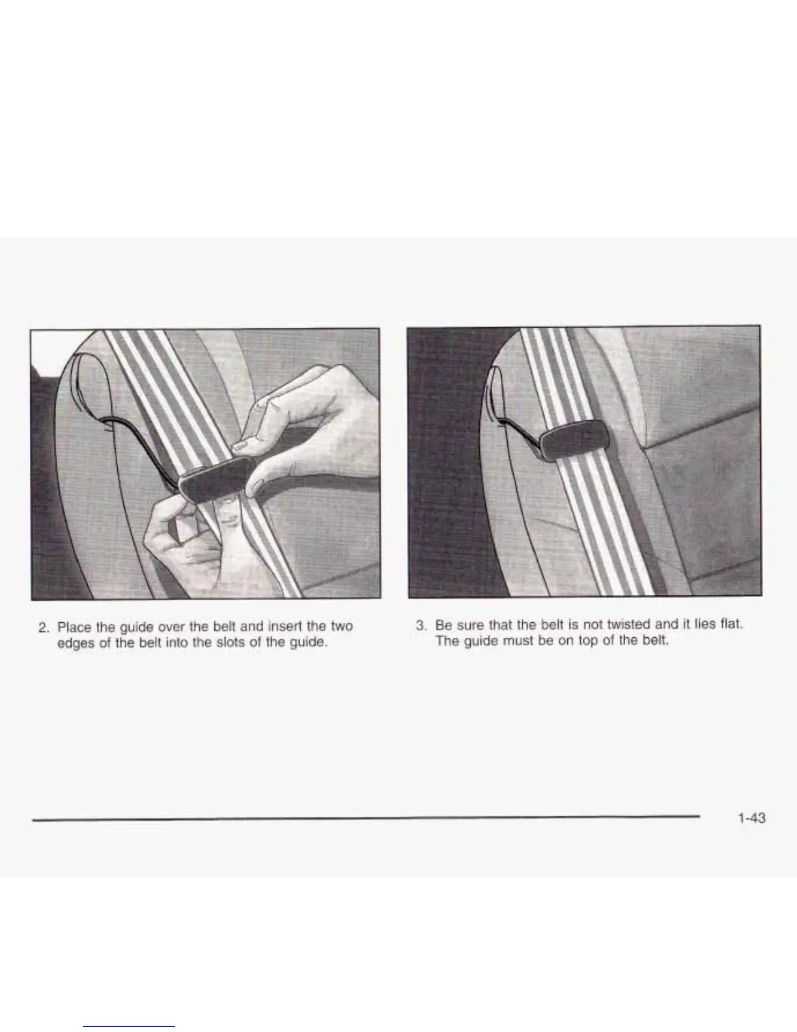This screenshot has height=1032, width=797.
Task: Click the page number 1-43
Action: (752, 818)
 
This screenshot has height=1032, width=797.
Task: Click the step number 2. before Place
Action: (44, 627)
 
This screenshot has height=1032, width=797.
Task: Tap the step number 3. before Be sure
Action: (421, 625)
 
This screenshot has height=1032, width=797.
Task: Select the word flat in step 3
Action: (731, 623)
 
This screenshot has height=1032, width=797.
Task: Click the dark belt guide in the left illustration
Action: (217, 480)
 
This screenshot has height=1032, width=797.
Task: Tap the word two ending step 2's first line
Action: (342, 626)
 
